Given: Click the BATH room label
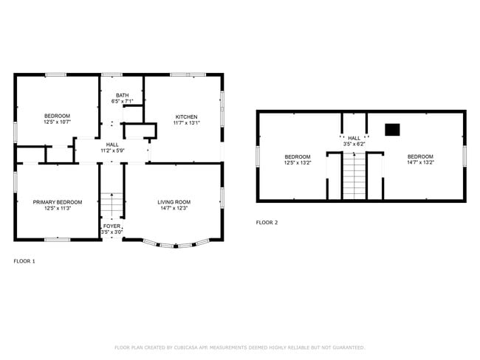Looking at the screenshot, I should click(x=122, y=94).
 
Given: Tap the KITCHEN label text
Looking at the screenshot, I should click(x=185, y=117).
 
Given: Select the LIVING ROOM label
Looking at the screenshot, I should click(x=174, y=201).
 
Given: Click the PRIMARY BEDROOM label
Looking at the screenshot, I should click(x=57, y=201).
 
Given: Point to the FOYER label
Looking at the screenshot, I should click(x=112, y=226).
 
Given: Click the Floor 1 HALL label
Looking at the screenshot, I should click(x=112, y=145).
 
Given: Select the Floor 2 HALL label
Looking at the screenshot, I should click(x=354, y=138).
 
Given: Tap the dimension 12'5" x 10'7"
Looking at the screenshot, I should click(x=57, y=122).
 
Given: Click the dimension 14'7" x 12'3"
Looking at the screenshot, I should click(x=174, y=208).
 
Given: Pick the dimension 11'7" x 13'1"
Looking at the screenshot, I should click(x=185, y=123).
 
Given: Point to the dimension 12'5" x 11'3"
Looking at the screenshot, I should click(x=57, y=208).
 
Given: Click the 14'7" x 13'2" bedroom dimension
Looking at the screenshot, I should click(x=419, y=162).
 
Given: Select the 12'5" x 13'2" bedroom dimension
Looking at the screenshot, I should click(x=298, y=162).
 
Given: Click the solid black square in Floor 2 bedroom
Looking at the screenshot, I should click(x=392, y=130).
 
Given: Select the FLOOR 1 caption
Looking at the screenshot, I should click(x=24, y=261).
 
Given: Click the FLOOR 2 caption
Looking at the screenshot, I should click(x=267, y=222).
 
